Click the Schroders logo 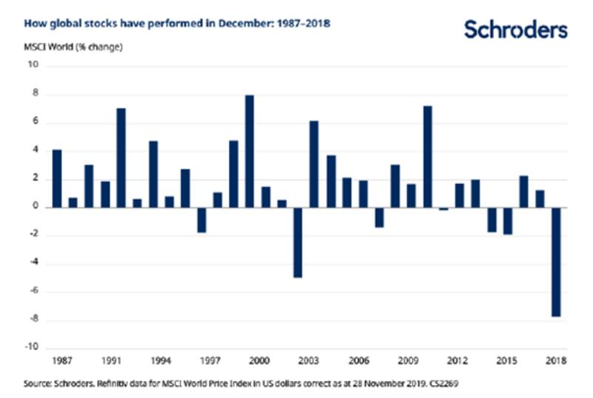(x=515, y=29)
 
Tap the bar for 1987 (x=57, y=179)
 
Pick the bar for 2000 (x=250, y=151)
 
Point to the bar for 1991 (x=122, y=158)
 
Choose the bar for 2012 (x=459, y=195)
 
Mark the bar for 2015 (x=507, y=221)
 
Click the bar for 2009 (x=411, y=196)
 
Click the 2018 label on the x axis (x=556, y=362)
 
